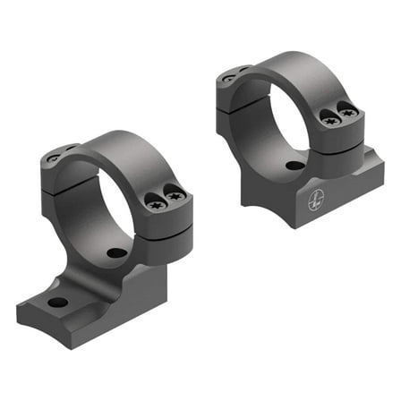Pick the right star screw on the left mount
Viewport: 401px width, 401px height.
click(x=174, y=193)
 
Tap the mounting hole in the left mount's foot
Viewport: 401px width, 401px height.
click(x=57, y=302)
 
